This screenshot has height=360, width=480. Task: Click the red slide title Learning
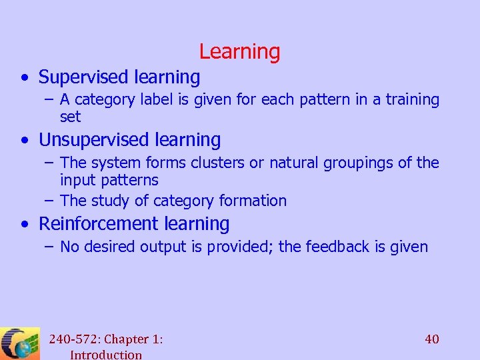click(239, 51)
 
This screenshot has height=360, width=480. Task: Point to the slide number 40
click(432, 339)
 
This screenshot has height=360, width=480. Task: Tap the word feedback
click(338, 247)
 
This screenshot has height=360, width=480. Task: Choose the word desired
click(109, 247)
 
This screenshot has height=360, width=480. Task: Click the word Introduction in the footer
click(106, 355)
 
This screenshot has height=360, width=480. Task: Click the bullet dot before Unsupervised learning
click(24, 141)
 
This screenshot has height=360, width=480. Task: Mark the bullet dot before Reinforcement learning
click(24, 225)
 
